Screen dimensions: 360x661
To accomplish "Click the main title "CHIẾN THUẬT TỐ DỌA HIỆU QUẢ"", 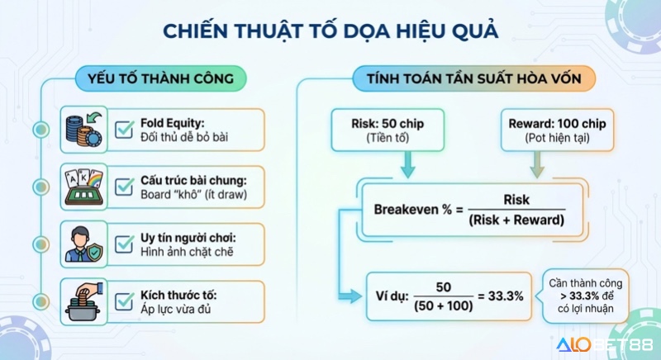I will [x=330, y=31].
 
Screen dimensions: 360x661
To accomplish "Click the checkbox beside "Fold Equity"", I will [x=125, y=129].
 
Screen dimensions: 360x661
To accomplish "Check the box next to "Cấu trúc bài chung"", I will [x=125, y=186].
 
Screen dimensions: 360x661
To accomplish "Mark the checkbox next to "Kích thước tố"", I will [x=125, y=300].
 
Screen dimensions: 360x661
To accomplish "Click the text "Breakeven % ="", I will [x=420, y=209].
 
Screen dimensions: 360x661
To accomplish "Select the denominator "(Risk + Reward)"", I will [x=516, y=220].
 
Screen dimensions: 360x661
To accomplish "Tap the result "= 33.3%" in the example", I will [x=500, y=296].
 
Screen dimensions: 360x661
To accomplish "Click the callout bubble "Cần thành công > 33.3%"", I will [x=583, y=296].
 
